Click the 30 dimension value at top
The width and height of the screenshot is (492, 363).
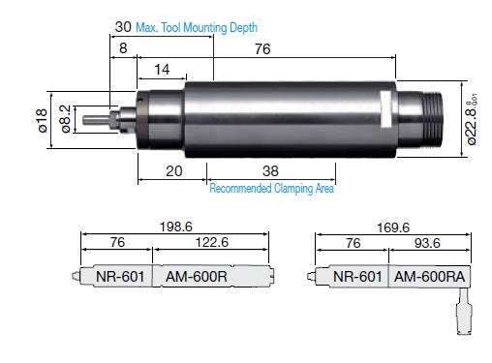(x=123, y=27)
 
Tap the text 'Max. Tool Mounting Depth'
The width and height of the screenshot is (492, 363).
(x=197, y=28)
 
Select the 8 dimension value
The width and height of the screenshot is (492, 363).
(x=123, y=48)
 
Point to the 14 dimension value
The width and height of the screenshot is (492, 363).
(x=162, y=70)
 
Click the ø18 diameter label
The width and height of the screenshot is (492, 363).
(x=43, y=120)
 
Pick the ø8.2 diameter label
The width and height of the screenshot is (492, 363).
(x=66, y=118)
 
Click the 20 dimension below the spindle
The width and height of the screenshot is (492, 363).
(x=174, y=171)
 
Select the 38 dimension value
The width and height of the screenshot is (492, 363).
(x=270, y=171)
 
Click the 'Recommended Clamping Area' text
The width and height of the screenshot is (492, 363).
(x=272, y=188)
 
